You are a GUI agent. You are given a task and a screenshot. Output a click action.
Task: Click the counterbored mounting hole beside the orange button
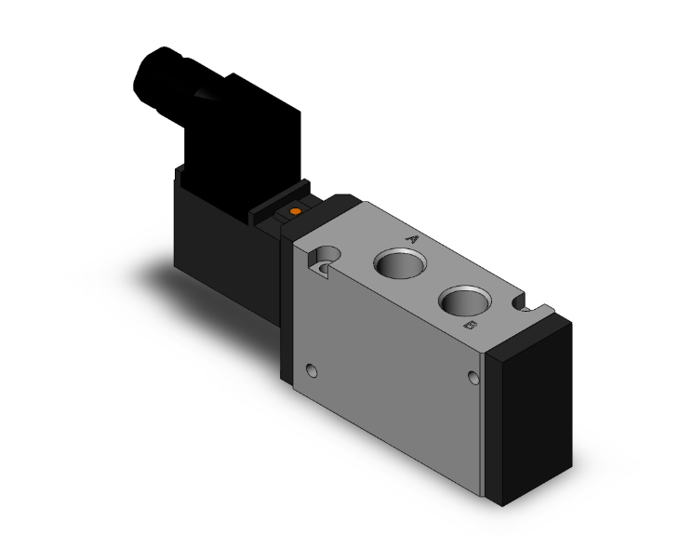tap(326, 256)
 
